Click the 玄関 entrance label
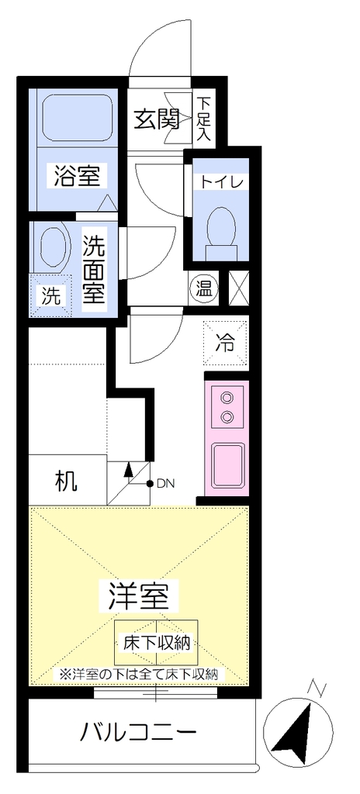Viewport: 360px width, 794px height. (157, 119)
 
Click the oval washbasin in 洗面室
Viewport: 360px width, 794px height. (53, 246)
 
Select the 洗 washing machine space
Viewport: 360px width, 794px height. (50, 295)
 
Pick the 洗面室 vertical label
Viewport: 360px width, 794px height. (94, 269)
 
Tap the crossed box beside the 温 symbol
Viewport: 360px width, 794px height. (239, 288)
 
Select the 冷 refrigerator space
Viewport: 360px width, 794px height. (226, 343)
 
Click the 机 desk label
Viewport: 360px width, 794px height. (67, 482)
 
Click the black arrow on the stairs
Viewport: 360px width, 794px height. (128, 469)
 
